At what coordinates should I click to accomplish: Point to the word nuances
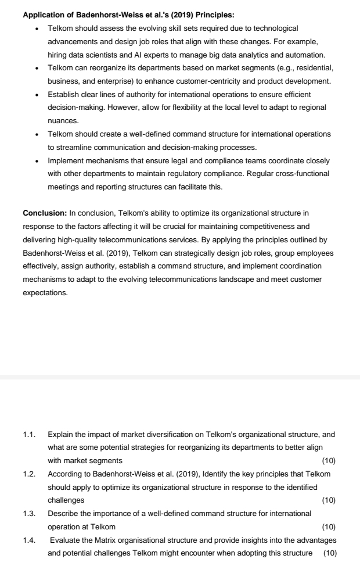(63, 121)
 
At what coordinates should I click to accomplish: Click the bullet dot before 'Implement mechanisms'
(37, 160)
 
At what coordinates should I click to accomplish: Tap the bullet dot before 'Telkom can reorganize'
(37, 68)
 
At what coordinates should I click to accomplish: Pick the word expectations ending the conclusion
(45, 293)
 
